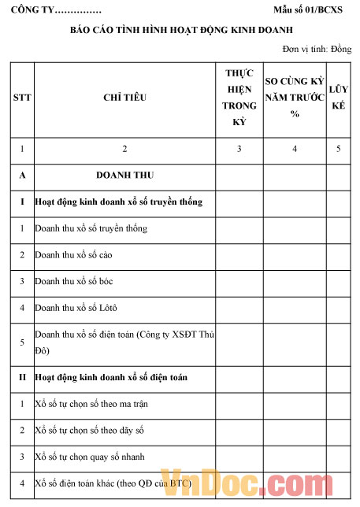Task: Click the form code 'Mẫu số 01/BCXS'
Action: (x=312, y=10)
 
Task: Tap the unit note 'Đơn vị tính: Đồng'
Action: (x=317, y=49)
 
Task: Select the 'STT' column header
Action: (x=21, y=98)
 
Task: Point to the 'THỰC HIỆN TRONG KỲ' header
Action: (x=239, y=98)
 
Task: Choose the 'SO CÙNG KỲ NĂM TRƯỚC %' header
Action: (x=295, y=98)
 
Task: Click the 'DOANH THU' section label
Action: (x=124, y=176)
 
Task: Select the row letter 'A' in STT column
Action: (x=21, y=176)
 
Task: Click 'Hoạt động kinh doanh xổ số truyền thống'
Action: (x=118, y=202)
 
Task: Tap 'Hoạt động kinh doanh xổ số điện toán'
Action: (x=111, y=378)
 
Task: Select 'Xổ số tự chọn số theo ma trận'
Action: (x=91, y=404)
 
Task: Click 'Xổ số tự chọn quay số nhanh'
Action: (x=89, y=457)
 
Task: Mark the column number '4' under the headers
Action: (x=295, y=148)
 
